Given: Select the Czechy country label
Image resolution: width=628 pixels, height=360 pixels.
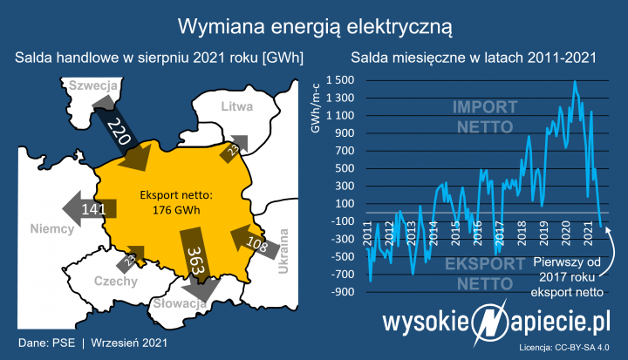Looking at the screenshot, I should click(x=115, y=281).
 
